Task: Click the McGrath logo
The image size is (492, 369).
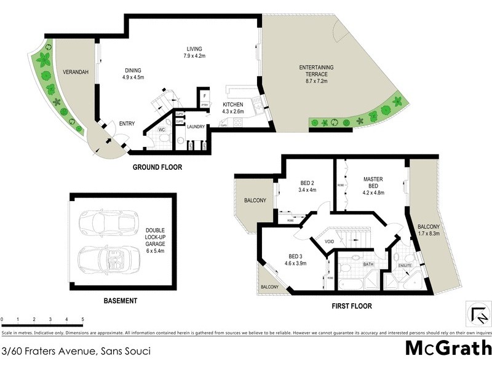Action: pyautogui.click(x=448, y=349)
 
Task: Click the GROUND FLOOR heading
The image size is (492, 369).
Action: pyautogui.click(x=157, y=167)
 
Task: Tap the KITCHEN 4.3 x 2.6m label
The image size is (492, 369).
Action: pyautogui.click(x=234, y=108)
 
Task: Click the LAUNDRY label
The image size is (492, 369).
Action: pyautogui.click(x=196, y=127)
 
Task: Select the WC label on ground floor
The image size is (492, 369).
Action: pyautogui.click(x=161, y=130)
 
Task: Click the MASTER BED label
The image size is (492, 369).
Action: pyautogui.click(x=373, y=186)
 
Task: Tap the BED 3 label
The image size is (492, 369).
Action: pyautogui.click(x=297, y=259)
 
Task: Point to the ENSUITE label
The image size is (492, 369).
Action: pyautogui.click(x=404, y=266)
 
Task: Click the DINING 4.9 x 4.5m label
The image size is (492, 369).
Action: pyautogui.click(x=133, y=74)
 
